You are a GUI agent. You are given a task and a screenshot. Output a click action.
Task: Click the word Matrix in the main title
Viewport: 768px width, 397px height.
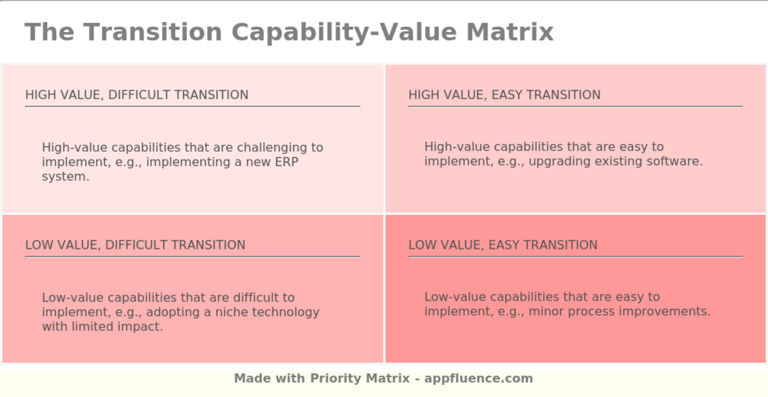510,32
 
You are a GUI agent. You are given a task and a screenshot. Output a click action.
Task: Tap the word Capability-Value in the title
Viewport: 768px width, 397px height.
344,32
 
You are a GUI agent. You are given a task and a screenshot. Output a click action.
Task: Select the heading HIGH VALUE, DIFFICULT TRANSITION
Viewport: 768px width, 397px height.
137,95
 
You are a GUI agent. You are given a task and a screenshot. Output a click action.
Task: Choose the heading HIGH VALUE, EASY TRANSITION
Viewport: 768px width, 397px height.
504,95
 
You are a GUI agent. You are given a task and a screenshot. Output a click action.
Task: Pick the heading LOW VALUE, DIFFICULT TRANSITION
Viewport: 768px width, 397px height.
135,245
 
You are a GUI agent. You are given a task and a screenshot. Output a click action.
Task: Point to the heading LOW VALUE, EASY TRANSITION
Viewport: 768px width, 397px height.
502,245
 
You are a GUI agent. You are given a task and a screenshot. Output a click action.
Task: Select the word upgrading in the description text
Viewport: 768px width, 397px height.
556,162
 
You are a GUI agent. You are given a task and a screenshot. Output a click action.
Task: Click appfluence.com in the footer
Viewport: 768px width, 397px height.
478,378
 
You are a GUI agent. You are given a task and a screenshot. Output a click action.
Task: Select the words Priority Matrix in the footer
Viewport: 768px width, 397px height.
360,378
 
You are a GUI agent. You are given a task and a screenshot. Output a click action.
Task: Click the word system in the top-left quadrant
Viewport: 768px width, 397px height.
65,177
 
